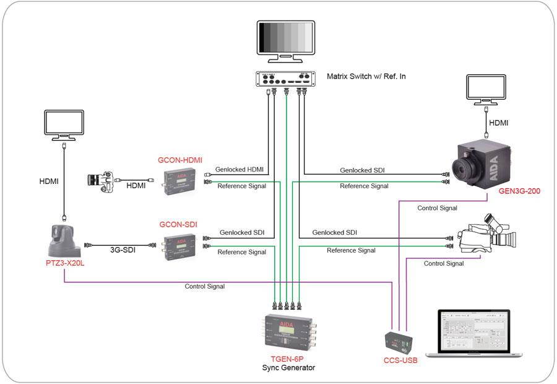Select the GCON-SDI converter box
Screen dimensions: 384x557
tap(179, 247)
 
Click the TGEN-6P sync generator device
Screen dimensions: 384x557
tap(287, 334)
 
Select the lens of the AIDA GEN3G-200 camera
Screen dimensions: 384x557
tap(464, 165)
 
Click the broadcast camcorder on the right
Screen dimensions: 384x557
tap(486, 238)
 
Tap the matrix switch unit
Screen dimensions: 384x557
tap(287, 79)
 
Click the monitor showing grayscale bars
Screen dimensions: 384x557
tap(287, 40)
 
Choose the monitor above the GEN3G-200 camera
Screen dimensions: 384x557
tap(487, 91)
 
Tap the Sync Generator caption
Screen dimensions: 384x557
tap(287, 368)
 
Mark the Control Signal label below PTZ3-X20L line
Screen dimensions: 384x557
tap(204, 286)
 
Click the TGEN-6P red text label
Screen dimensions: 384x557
tap(287, 359)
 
